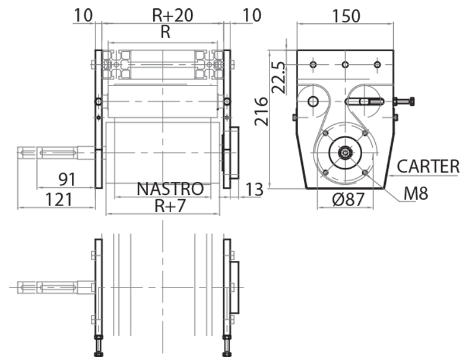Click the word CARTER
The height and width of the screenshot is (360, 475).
point(428,166)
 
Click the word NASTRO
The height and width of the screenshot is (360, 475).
point(170,189)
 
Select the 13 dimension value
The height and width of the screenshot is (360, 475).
point(254,190)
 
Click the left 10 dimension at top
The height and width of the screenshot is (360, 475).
point(84,15)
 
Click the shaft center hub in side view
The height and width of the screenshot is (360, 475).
point(344,153)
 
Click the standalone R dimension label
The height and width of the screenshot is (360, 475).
point(165,32)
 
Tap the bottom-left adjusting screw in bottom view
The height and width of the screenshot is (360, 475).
point(98,346)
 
